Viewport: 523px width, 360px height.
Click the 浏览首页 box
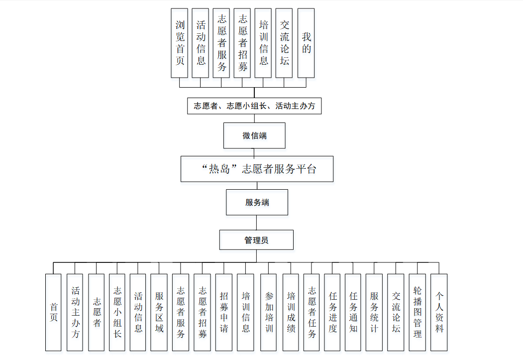point(180,43)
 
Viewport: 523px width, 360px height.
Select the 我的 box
point(306,43)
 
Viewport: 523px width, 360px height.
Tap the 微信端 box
point(254,135)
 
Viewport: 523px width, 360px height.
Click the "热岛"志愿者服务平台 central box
point(256,169)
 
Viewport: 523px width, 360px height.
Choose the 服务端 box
point(257,202)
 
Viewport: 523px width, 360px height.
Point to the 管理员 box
point(256,240)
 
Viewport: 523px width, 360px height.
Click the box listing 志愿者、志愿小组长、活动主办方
point(254,106)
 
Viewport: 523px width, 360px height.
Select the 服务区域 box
point(159,312)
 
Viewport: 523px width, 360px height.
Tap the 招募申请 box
point(223,312)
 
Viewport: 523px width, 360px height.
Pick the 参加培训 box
point(269,312)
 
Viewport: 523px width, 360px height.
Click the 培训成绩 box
point(291,312)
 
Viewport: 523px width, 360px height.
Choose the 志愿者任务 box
point(312,312)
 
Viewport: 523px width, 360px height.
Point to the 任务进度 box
point(332,312)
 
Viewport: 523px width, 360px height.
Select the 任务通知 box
point(353,312)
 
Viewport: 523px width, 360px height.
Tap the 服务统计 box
point(374,312)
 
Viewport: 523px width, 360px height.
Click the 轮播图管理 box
point(418,312)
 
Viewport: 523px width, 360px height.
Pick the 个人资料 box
point(439,312)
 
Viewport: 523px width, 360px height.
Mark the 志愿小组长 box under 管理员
point(117,312)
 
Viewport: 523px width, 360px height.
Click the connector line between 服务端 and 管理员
point(257,223)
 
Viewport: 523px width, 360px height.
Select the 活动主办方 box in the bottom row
point(75,312)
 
